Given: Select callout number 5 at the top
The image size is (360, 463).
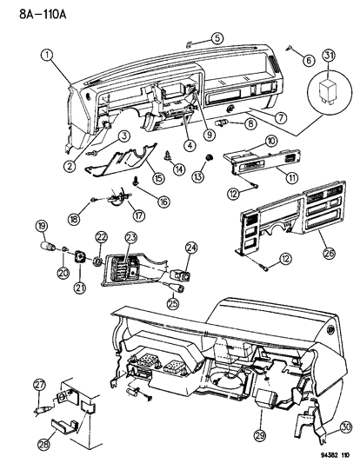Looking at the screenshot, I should coord(217,36).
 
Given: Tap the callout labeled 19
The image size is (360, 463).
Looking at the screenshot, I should coord(40,228).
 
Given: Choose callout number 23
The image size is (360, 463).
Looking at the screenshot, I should coord(131,236).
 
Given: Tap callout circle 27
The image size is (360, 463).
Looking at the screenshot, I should coord(38,385).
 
